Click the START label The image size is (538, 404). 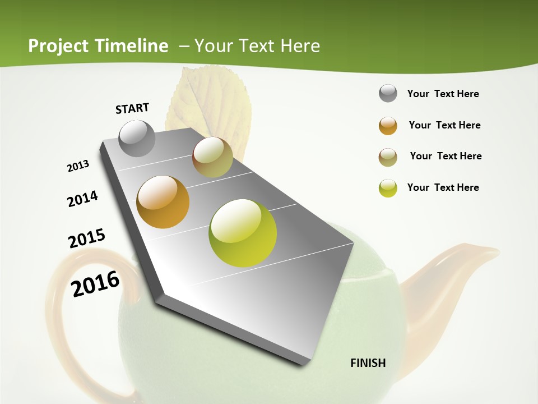click(x=132, y=108)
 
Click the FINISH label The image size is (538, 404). click(x=368, y=363)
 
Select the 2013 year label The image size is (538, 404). click(x=78, y=166)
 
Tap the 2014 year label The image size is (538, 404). click(x=82, y=199)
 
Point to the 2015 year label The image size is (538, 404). click(x=87, y=238)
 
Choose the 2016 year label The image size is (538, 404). click(x=95, y=283)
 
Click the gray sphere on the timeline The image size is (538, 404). click(x=137, y=138)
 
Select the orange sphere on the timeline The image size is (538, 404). click(x=163, y=202)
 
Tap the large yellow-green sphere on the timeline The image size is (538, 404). click(x=243, y=233)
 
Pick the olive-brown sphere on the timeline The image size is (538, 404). click(x=212, y=157)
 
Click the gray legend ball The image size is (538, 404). click(x=388, y=93)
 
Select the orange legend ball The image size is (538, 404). click(x=388, y=126)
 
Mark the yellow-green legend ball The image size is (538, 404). click(x=388, y=188)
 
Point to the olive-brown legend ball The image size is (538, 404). click(x=388, y=157)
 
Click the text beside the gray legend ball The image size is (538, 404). click(x=443, y=94)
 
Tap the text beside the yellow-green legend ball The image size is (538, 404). click(x=443, y=187)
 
